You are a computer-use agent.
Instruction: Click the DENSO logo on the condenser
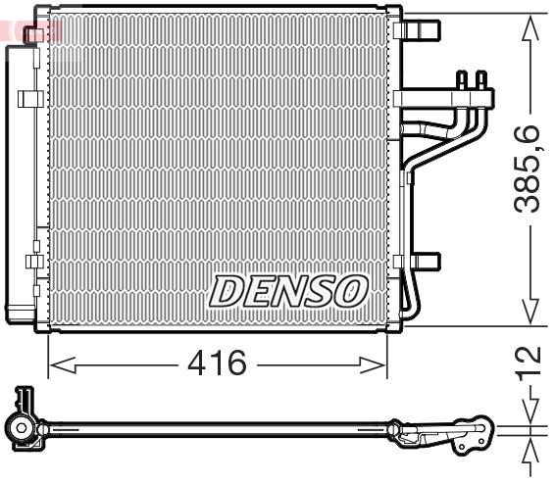pos(289,290)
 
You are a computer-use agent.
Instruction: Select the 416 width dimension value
pos(217,364)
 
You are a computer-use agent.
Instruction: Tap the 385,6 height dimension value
pos(530,167)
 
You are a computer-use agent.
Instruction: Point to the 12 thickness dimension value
pos(530,362)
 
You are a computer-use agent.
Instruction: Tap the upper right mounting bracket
pos(421,31)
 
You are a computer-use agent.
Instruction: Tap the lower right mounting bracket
pos(423,263)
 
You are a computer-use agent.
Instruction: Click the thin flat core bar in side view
pos(216,428)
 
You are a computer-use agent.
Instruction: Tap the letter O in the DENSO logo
pos(351,290)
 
